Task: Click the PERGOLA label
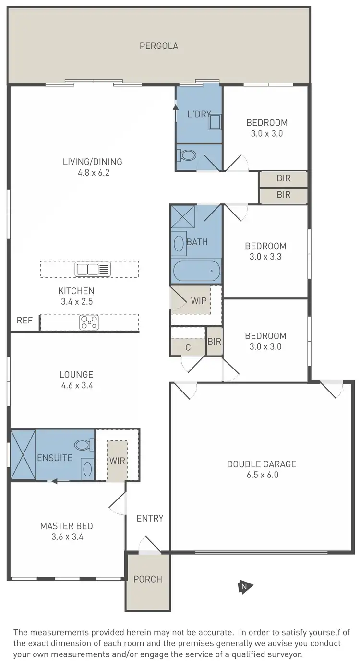click(x=159, y=46)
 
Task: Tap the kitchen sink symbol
click(x=93, y=269)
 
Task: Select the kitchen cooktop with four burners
click(x=89, y=322)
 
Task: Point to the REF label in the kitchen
click(x=24, y=321)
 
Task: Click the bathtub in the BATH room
click(x=196, y=271)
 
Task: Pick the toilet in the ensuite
click(x=84, y=445)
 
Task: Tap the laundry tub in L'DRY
click(x=215, y=122)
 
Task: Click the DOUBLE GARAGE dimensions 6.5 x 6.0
click(x=262, y=475)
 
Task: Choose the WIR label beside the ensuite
click(x=117, y=461)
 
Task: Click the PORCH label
click(x=148, y=579)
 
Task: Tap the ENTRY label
click(x=150, y=518)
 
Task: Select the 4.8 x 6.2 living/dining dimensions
click(x=93, y=173)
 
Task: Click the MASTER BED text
click(x=67, y=526)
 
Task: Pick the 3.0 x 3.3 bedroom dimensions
click(x=265, y=257)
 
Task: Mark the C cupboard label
click(x=188, y=347)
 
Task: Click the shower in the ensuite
click(x=24, y=455)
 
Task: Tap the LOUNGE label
click(x=76, y=375)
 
